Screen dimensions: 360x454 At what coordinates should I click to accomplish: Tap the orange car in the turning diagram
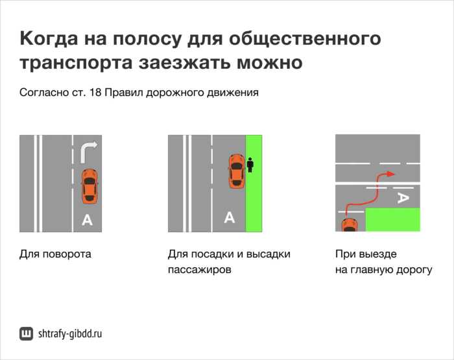pyautogui.click(x=90, y=186)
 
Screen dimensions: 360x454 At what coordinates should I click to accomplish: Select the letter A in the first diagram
pyautogui.click(x=87, y=221)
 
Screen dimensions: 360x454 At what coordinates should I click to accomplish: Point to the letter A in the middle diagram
pyautogui.click(x=229, y=218)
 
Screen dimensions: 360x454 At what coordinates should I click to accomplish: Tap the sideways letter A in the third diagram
pyautogui.click(x=402, y=198)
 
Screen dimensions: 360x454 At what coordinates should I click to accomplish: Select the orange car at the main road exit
pyautogui.click(x=350, y=224)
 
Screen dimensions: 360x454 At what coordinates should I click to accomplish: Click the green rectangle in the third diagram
pyautogui.click(x=393, y=220)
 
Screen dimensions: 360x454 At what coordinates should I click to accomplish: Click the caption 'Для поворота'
pyautogui.click(x=55, y=254)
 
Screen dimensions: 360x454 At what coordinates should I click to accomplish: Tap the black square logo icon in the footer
pyautogui.click(x=27, y=334)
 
